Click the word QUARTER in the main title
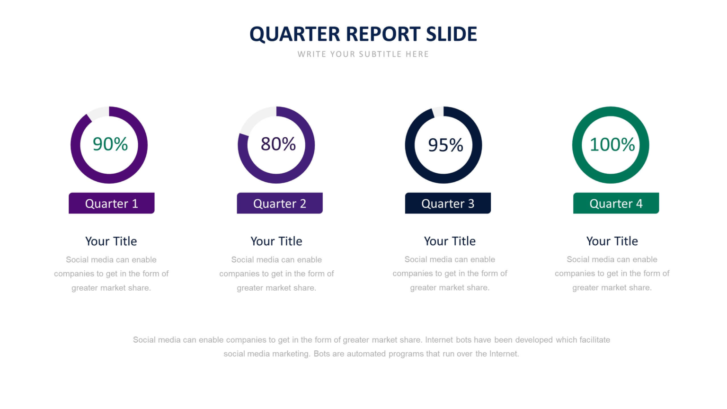pos(294,35)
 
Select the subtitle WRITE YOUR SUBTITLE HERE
pos(363,54)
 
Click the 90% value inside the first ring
pos(110,144)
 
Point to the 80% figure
pos(278,144)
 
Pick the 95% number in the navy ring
pos(445,145)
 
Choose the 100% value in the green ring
pos(612,145)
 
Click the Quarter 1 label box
pos(111,204)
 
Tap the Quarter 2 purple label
pos(279,204)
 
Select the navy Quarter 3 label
pos(448,204)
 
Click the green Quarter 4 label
pos(616,204)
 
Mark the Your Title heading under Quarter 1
pos(111,241)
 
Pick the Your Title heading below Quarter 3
pos(450,241)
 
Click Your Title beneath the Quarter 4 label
pos(612,241)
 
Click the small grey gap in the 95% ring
pos(438,111)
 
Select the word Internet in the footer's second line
pos(505,354)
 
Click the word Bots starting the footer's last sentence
pos(322,354)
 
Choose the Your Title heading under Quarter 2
pos(276,241)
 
